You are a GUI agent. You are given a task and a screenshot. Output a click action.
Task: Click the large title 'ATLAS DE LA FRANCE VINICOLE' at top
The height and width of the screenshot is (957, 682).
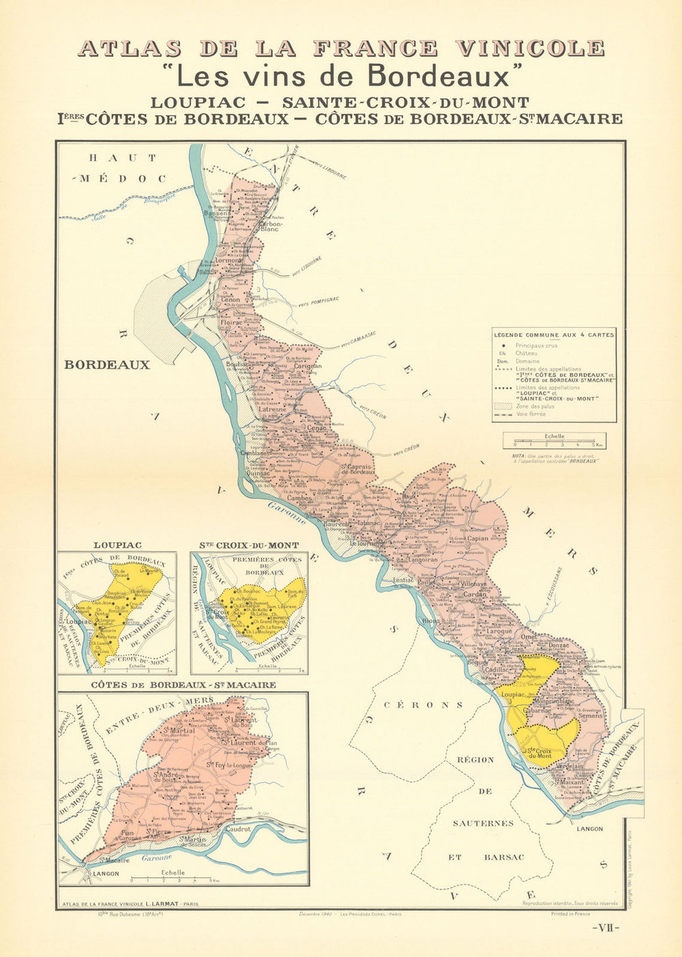(x=341, y=48)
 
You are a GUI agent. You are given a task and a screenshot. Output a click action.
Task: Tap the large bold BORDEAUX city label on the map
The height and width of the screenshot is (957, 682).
(x=107, y=365)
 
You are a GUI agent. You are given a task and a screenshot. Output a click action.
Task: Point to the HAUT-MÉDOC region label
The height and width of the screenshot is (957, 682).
(x=122, y=168)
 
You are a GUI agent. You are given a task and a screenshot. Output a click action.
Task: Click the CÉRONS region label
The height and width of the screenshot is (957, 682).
(x=422, y=705)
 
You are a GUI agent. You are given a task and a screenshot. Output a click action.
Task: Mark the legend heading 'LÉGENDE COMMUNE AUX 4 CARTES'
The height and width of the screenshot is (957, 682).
(x=554, y=334)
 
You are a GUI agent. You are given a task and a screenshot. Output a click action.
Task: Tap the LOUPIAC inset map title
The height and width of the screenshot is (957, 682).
(x=117, y=545)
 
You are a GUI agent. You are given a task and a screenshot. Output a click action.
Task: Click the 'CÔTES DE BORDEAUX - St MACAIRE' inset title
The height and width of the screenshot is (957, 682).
(x=183, y=685)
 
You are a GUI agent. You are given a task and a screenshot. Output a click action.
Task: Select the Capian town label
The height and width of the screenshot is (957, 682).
(x=477, y=538)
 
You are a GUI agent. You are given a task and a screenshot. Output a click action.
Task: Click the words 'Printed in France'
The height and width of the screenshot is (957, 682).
(x=571, y=913)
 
